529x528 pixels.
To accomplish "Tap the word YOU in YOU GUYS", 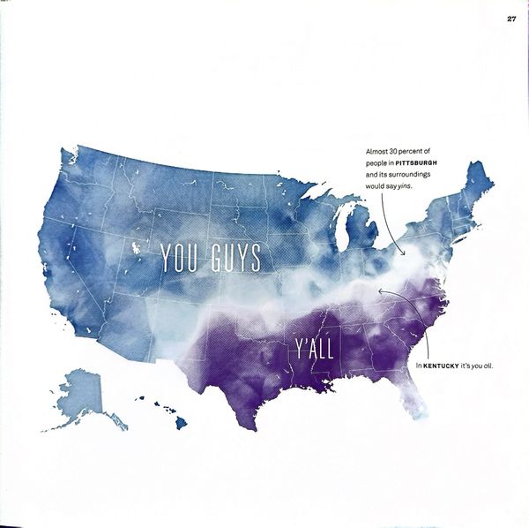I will point(182,257).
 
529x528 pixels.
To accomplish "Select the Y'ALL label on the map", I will point(313,349).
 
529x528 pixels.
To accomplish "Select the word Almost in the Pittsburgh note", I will point(379,154).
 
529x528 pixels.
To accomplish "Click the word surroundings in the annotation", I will point(409,175).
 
